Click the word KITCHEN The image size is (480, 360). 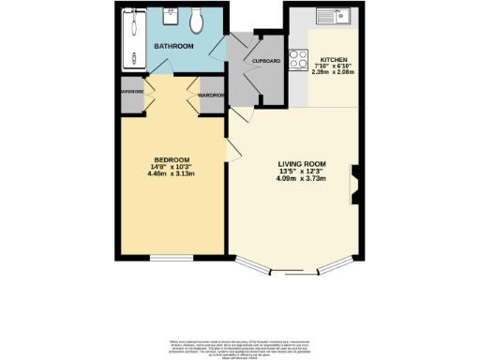pyautogui.click(x=335, y=57)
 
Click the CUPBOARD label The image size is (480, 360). pyautogui.click(x=267, y=61)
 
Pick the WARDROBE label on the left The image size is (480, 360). pyautogui.click(x=129, y=92)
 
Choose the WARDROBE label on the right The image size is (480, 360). pyautogui.click(x=211, y=95)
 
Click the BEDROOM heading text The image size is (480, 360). pyautogui.click(x=172, y=159)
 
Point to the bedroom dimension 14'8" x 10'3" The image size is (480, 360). pyautogui.click(x=172, y=166)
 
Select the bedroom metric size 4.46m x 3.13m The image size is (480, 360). pyautogui.click(x=172, y=173)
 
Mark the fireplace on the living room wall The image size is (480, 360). pyautogui.click(x=355, y=183)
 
